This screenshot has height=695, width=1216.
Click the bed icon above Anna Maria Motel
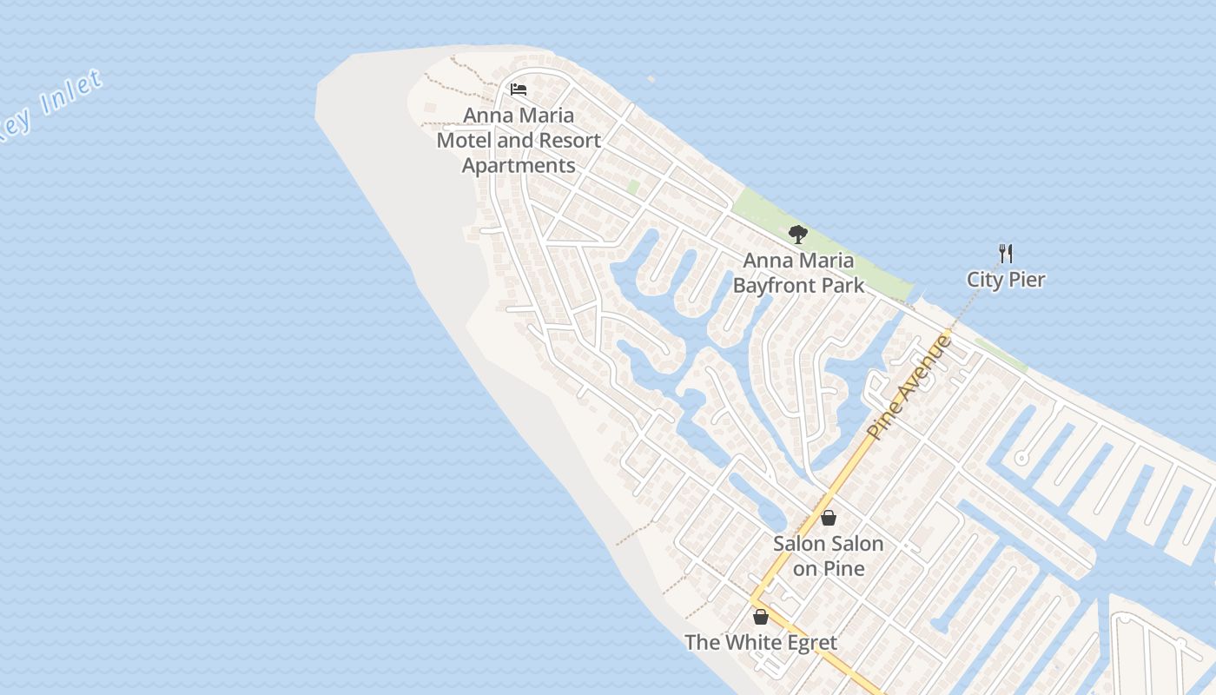pos(519,89)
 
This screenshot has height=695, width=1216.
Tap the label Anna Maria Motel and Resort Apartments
pos(519,140)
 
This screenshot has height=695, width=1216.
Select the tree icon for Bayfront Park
pos(797,234)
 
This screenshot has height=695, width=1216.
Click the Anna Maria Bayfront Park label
pos(798,273)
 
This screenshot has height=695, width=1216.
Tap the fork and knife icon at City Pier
pos(1006,254)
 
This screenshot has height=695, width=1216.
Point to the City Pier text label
pos(1006,280)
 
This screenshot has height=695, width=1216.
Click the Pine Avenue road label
pos(909,386)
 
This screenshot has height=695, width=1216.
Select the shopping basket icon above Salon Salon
pos(829,518)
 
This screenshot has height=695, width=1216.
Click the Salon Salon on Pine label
pos(829,556)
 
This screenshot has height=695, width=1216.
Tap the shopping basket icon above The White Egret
pos(761,617)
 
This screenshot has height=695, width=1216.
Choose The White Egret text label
pos(761,643)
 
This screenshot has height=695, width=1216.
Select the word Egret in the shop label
pos(809,643)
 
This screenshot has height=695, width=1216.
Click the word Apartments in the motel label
pos(519,165)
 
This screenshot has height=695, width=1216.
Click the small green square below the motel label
pos(633,187)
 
